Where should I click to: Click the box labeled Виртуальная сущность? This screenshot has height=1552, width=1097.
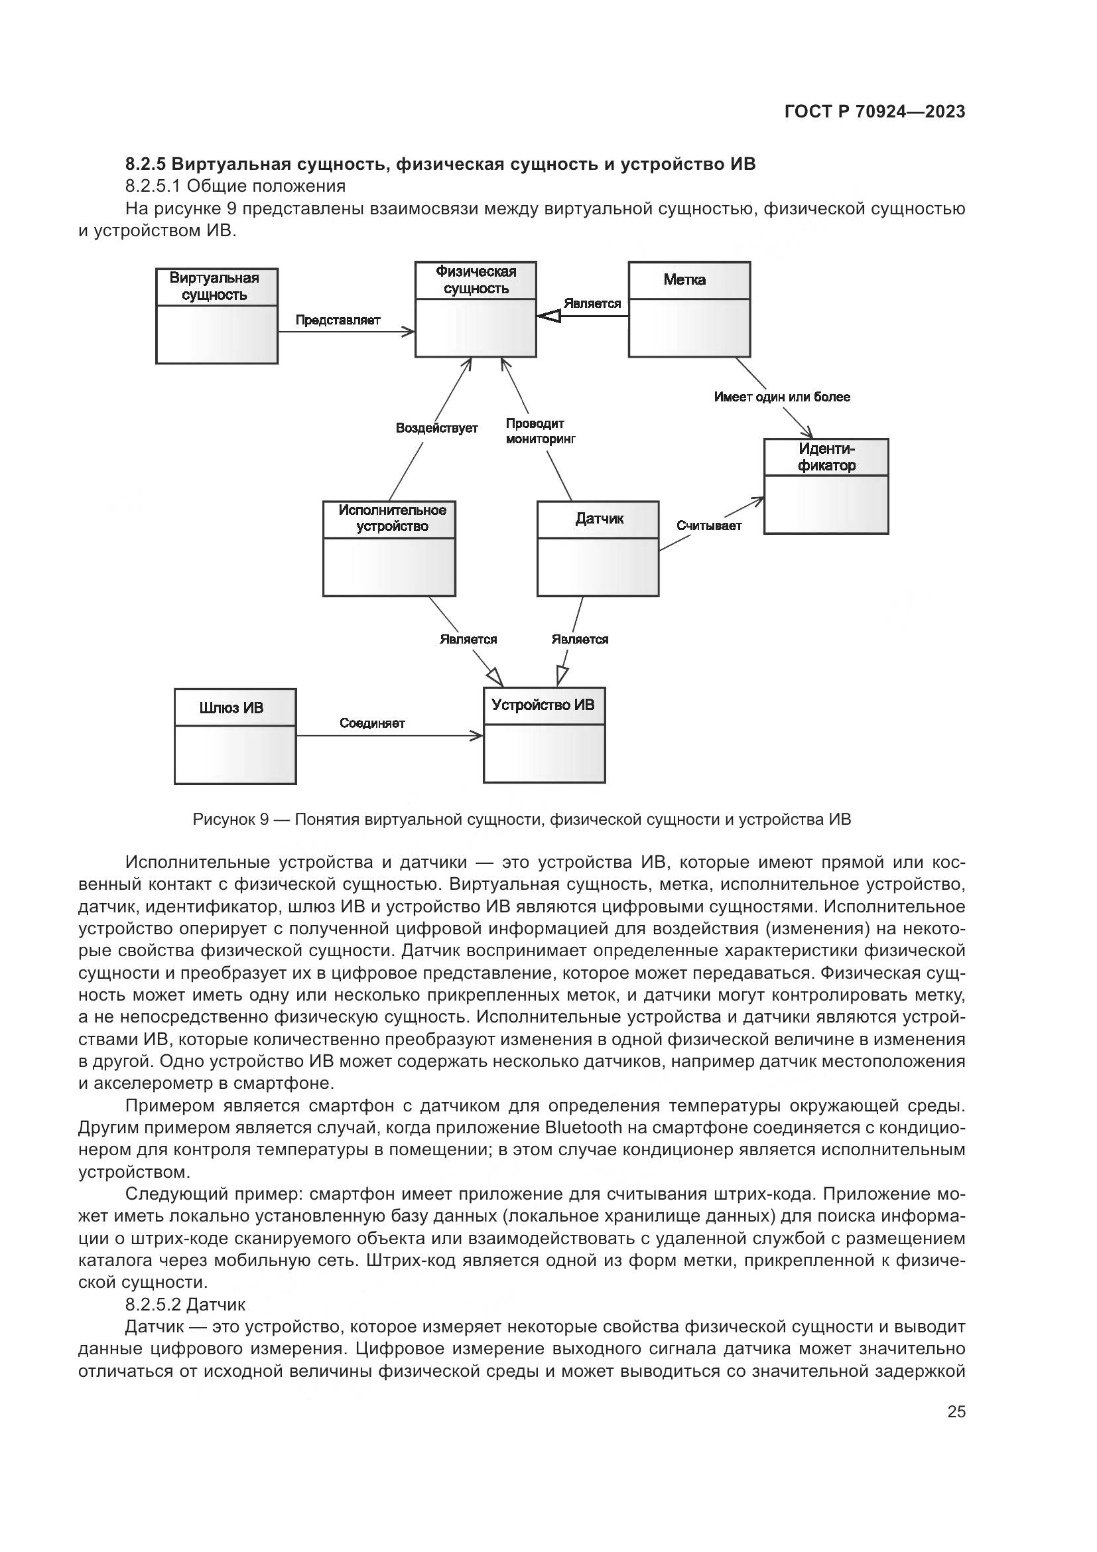(x=217, y=316)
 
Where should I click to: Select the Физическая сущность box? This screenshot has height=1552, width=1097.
(x=476, y=310)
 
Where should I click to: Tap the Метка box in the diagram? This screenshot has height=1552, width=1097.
(x=689, y=310)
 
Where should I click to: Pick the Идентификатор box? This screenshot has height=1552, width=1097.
(x=826, y=486)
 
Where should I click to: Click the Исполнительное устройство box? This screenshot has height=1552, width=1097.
(x=389, y=548)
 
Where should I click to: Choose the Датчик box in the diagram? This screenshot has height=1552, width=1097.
(x=598, y=548)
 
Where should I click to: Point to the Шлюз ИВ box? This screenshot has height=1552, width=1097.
(x=235, y=736)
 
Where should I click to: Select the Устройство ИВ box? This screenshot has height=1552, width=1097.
(x=545, y=735)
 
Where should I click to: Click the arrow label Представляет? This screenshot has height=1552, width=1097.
(x=338, y=320)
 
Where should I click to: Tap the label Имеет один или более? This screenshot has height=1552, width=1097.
(x=781, y=397)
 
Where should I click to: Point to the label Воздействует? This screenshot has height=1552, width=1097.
(x=436, y=428)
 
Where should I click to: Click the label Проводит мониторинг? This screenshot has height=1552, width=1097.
(x=540, y=431)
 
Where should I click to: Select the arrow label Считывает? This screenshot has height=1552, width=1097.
(x=709, y=526)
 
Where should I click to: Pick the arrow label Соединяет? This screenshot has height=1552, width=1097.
(x=372, y=723)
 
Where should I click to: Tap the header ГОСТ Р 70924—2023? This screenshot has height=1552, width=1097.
(x=875, y=112)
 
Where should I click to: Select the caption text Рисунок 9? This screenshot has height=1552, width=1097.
(x=230, y=820)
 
